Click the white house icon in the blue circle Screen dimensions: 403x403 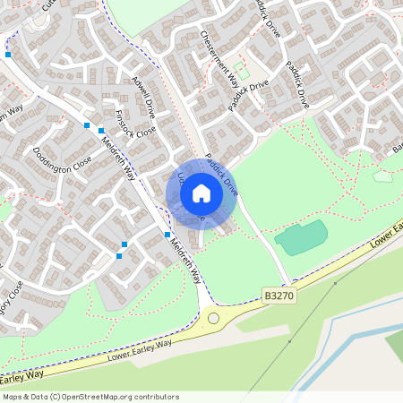click(201, 193)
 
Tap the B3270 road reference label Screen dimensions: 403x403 click(279, 294)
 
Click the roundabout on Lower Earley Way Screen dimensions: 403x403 click(213, 317)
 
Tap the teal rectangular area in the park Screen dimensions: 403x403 click(301, 237)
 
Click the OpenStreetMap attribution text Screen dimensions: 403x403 click(90, 396)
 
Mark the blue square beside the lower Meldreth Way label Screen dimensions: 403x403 click(167, 235)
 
